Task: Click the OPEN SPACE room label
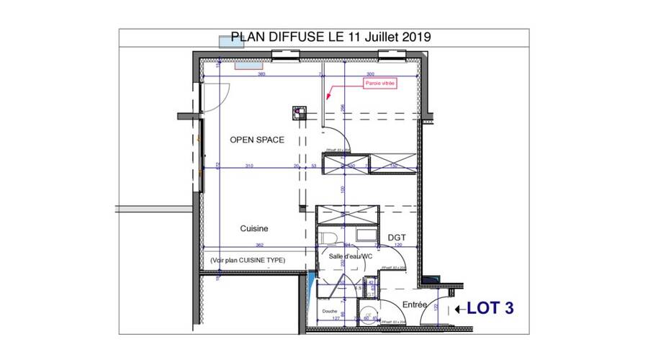[x=256, y=140]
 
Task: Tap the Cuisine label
[x=254, y=228]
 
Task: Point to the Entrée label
[x=415, y=305]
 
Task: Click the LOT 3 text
[x=490, y=308]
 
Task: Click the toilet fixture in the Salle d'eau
[x=328, y=238]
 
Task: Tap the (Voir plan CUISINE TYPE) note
[x=247, y=260]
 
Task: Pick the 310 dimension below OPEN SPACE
[x=248, y=166]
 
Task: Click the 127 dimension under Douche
[x=336, y=318]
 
